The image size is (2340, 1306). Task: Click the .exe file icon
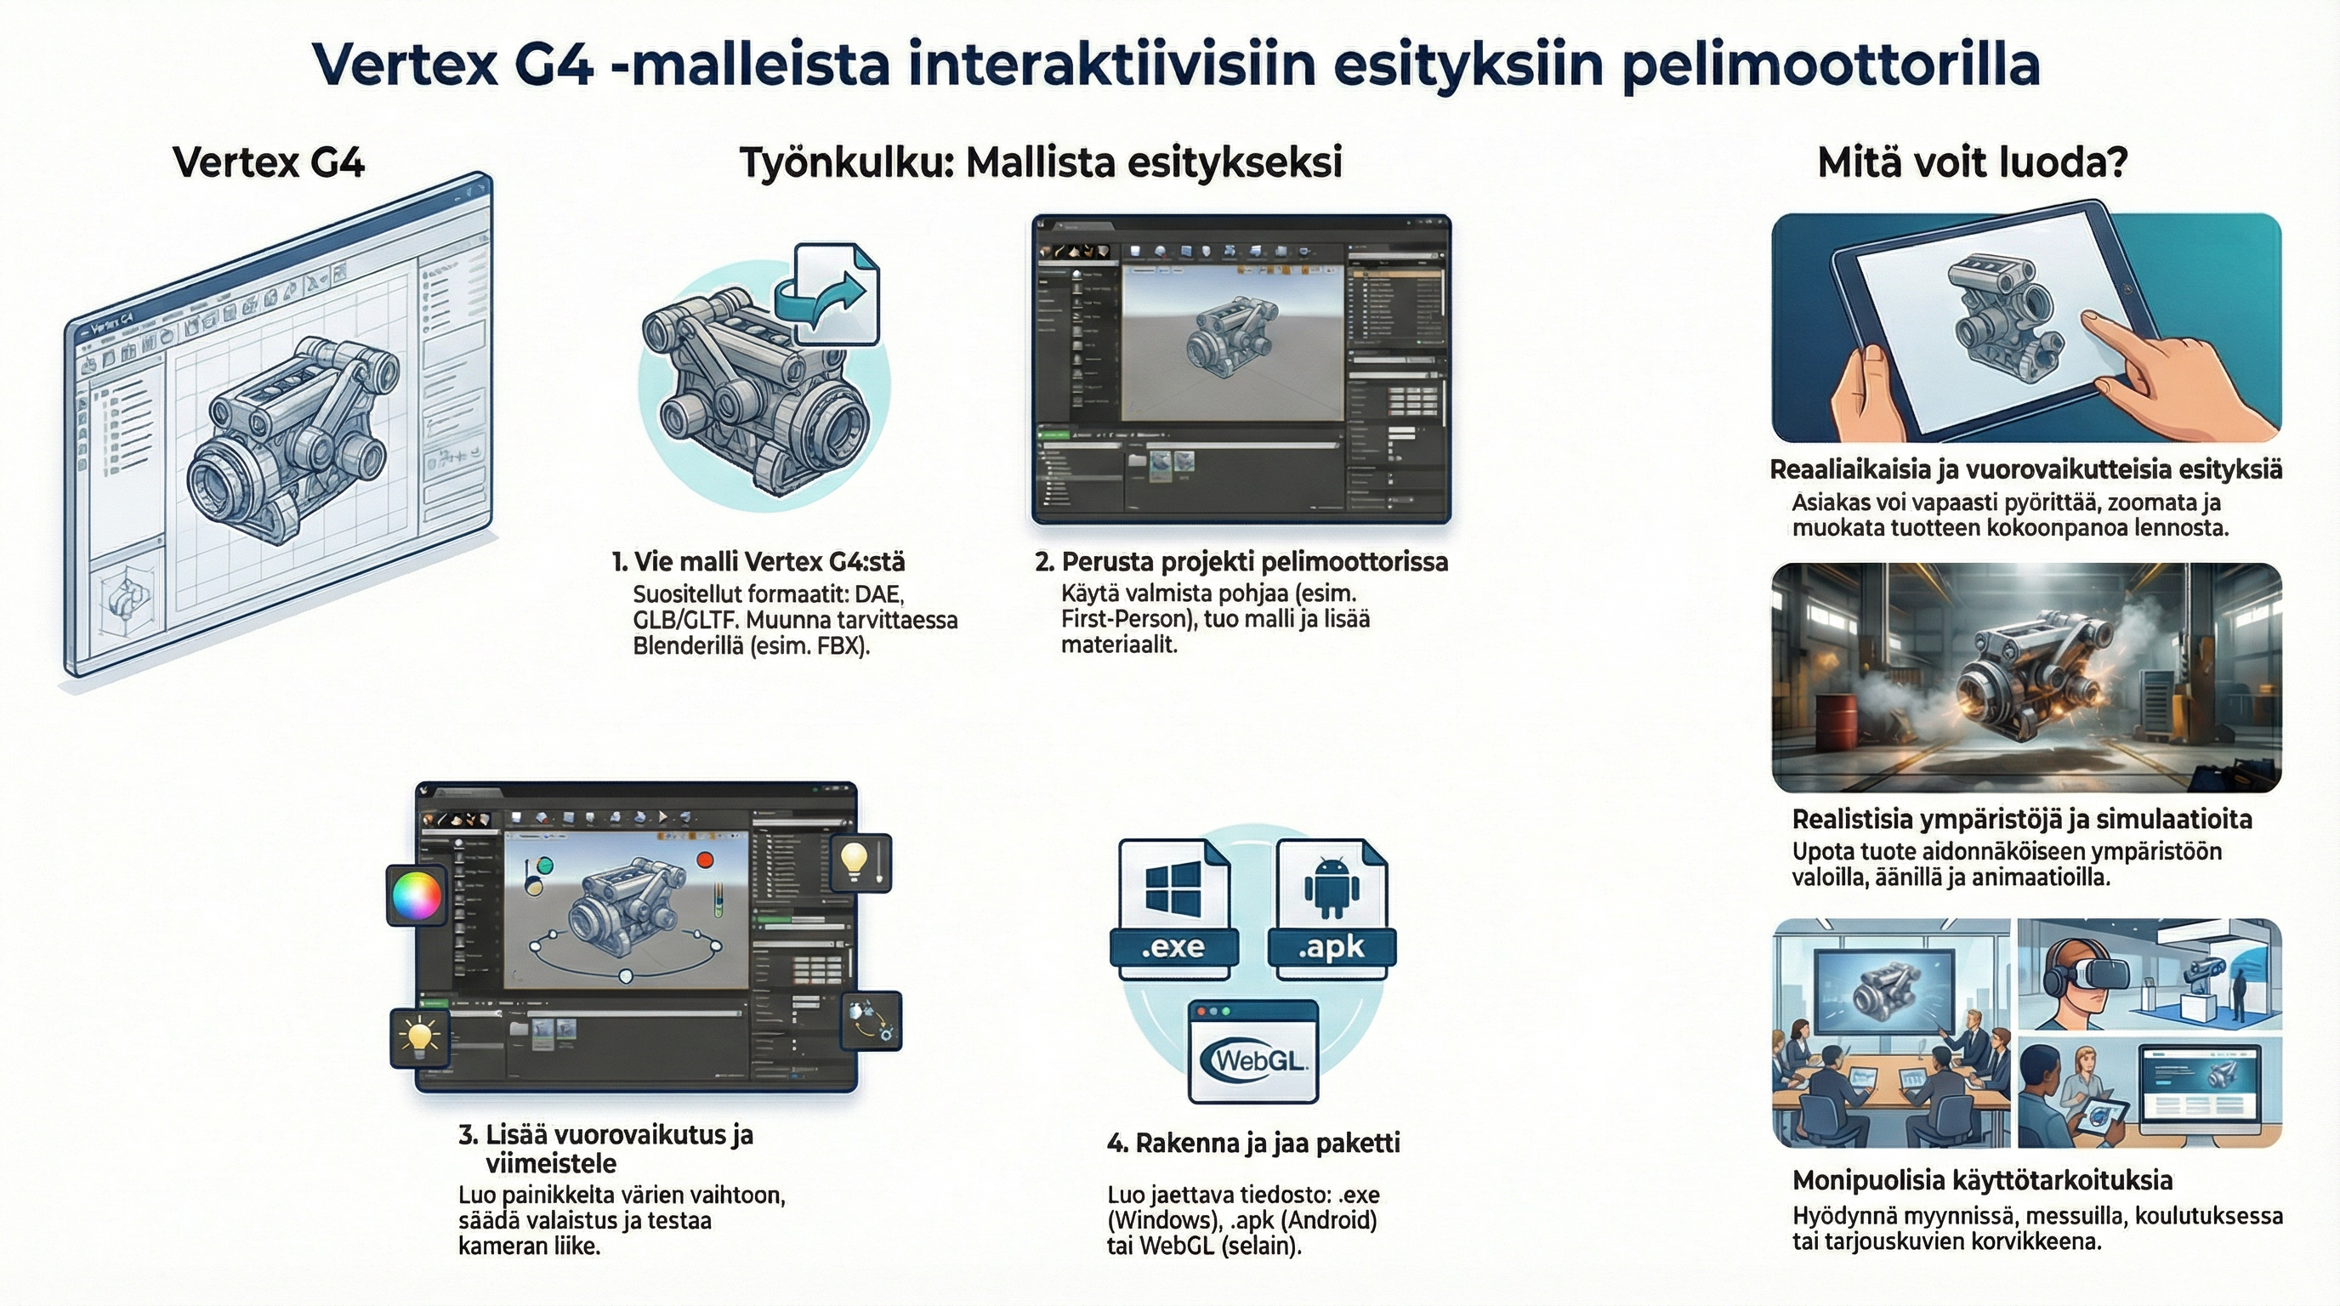pos(1173,908)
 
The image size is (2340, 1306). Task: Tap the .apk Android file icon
pos(1332,908)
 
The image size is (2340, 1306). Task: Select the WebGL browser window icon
pos(1253,1051)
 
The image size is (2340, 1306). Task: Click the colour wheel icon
pos(416,895)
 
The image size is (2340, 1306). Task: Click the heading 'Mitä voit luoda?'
pos(1972,163)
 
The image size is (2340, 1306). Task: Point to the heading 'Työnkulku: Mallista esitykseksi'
pos(1040,163)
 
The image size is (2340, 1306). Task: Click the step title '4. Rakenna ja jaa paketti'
pos(1253,1143)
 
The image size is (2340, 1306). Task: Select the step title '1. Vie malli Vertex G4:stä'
pos(758,561)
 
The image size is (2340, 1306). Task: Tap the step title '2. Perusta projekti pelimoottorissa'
pos(1241,561)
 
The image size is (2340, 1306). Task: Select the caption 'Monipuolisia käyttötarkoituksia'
pos(1982,1180)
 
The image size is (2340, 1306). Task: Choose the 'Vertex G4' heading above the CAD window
pos(269,163)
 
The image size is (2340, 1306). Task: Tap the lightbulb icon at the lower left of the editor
pos(420,1036)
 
